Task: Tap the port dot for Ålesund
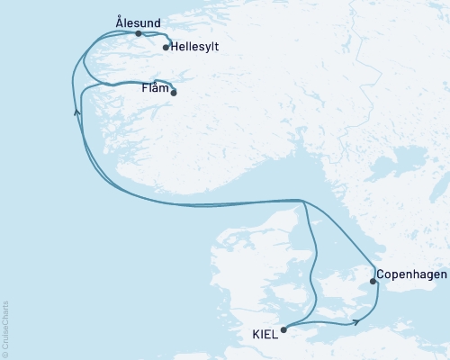[138, 33]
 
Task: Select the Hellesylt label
[195, 47]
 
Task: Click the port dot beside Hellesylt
[166, 48]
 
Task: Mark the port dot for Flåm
[174, 93]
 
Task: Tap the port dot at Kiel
[283, 329]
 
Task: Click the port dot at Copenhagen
[373, 282]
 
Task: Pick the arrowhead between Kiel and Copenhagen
[357, 319]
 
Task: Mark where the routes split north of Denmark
[304, 201]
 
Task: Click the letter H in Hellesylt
[175, 47]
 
